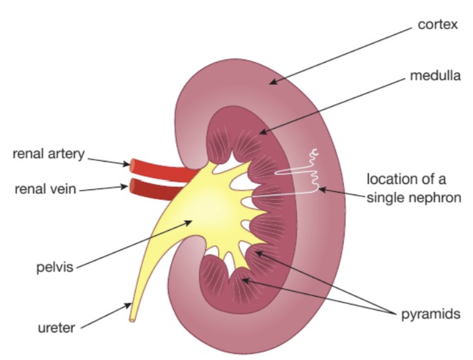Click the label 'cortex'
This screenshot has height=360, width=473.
[437, 25]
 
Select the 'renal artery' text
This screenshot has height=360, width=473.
[49, 154]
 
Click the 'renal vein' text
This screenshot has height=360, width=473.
[45, 189]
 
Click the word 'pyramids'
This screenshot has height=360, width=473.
[430, 314]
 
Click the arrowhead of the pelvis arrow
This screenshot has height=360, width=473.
[192, 222]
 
